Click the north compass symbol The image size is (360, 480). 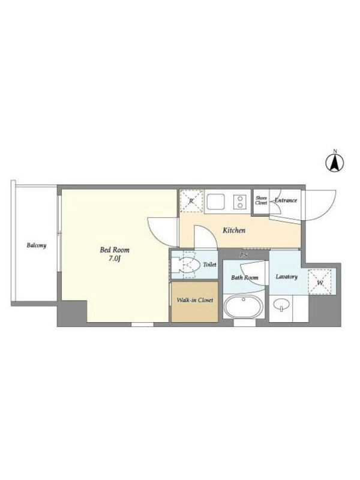coord(335,162)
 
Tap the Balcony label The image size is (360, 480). coord(37,245)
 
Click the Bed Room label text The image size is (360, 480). coord(115,250)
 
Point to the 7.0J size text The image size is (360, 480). coord(115,259)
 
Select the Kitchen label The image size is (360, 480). coord(234,230)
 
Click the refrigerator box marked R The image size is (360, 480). coord(191,201)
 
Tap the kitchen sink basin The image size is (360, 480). coord(215,201)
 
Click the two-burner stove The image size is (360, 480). coord(239,202)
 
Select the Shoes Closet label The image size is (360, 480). coord(261,200)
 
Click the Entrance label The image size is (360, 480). coord(286,200)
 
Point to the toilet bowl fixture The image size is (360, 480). coord(184,265)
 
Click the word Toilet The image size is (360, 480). coord(209,265)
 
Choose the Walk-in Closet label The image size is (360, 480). coord(194,300)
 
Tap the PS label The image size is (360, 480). coord(244,255)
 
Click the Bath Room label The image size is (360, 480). coord(245,278)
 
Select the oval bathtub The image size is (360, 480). coord(244,307)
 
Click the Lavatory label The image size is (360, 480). coord(287,277)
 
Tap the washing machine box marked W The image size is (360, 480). coord(320,282)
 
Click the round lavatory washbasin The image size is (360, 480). coord(281,305)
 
